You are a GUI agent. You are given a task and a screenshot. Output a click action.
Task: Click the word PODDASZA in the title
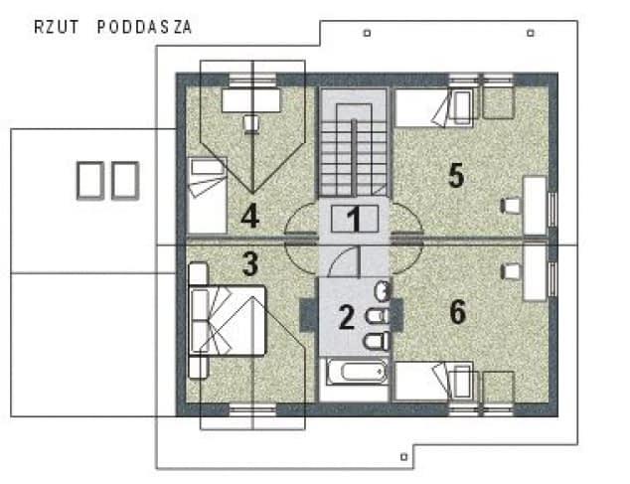pos(144,27)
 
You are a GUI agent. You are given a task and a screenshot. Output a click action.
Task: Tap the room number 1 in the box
pos(353,219)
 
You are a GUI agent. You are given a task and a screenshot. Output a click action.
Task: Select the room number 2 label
pos(345,318)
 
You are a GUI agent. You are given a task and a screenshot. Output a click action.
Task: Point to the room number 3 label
pos(250,264)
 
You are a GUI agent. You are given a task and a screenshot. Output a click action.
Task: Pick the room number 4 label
pos(249,214)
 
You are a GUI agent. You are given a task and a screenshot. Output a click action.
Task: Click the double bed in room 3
pos(231,320)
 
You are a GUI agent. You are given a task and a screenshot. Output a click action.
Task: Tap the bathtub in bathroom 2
pos(355,374)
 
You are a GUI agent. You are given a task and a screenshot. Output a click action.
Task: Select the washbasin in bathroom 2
pos(383,290)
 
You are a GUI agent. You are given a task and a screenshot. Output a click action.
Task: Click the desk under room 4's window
pos(251,99)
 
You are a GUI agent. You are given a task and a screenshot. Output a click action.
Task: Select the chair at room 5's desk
pos(512,206)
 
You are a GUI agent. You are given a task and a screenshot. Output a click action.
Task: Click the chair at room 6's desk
pos(512,269)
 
